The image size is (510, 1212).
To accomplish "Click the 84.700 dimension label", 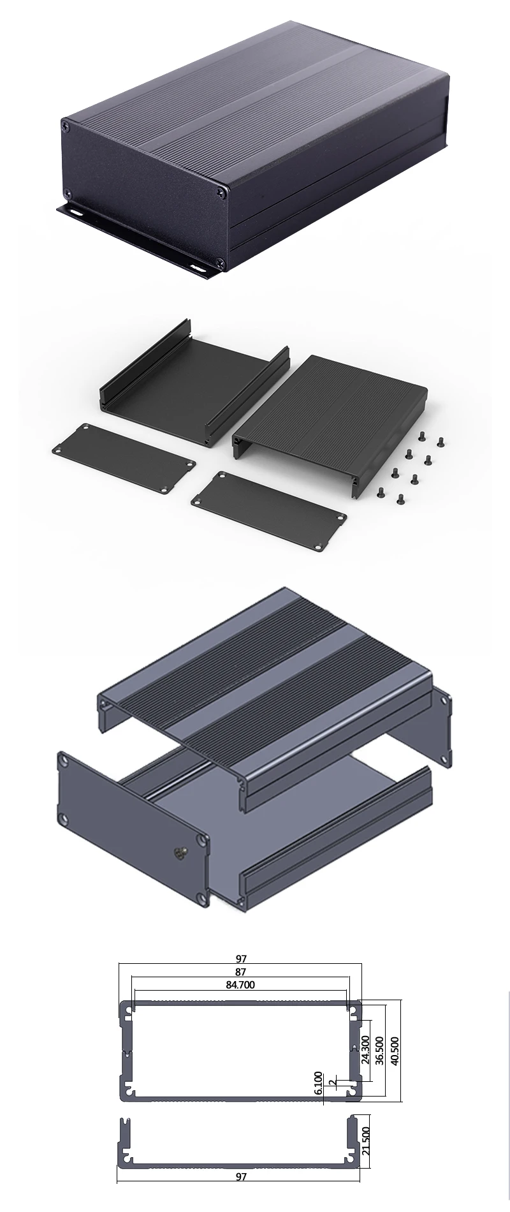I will [240, 984].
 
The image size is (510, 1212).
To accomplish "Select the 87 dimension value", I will [240, 972].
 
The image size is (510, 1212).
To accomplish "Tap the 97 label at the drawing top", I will [240, 958].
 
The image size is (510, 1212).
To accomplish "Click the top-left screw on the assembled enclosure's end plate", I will [66, 126].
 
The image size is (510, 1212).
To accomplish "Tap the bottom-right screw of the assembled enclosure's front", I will [220, 261].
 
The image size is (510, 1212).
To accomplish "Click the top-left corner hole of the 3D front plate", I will [64, 759].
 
